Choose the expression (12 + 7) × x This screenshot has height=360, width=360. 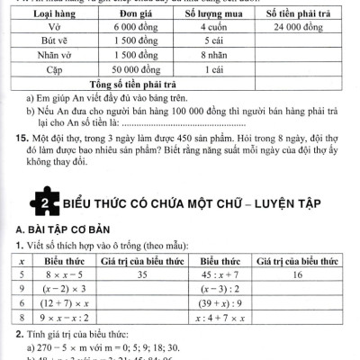point(61,304)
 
